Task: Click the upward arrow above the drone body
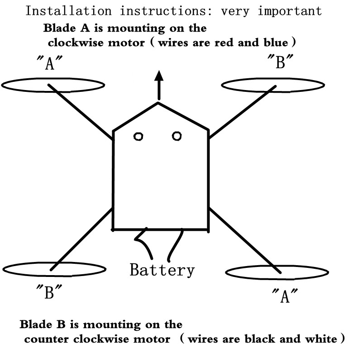tap(159, 85)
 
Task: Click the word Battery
tap(162, 270)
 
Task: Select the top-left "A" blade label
tap(50, 62)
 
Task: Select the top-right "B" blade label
tap(280, 61)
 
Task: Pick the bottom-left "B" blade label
tap(49, 292)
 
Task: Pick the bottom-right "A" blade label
tap(285, 295)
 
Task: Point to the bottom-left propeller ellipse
tap(54, 276)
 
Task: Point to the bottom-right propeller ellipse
tap(277, 279)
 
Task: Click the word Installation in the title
tap(69, 11)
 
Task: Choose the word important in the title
tap(290, 11)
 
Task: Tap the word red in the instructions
tap(224, 43)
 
